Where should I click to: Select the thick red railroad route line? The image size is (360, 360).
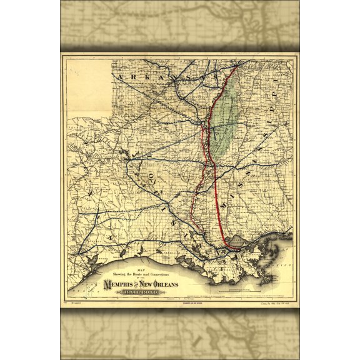[216, 187]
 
